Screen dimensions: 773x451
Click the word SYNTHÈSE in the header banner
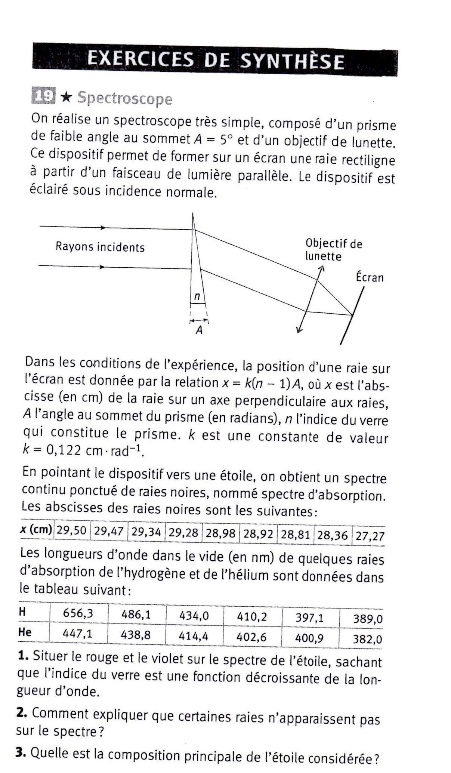(291, 62)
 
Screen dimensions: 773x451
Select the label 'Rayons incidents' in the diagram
(100, 247)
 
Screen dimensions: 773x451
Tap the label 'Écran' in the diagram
(369, 277)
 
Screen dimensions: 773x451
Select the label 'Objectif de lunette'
(333, 250)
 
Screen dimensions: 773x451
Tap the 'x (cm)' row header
(36, 530)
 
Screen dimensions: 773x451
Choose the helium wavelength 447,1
(77, 634)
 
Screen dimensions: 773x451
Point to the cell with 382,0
(367, 640)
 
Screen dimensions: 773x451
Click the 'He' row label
(25, 632)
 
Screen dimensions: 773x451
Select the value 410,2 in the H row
(252, 616)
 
